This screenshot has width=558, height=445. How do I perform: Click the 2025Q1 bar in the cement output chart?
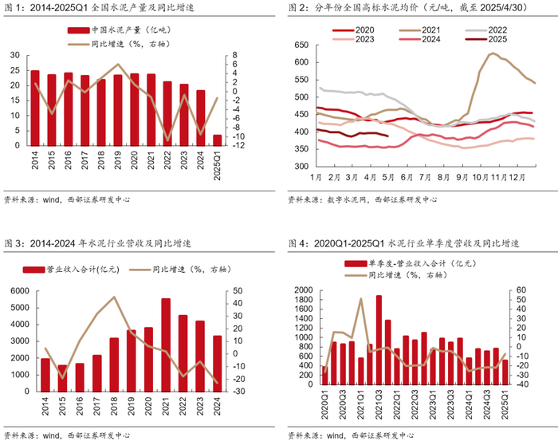(x=218, y=140)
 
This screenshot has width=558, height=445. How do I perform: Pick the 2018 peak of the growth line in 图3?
(x=114, y=297)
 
